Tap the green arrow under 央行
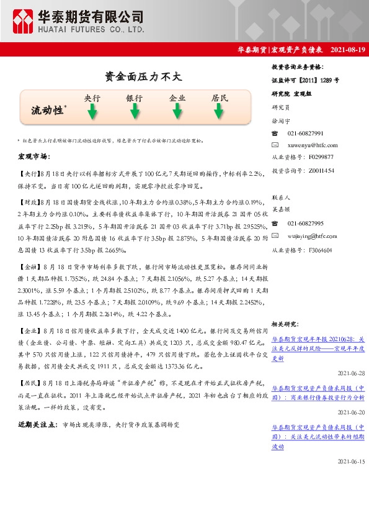pyautogui.click(x=92, y=111)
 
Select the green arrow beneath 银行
pyautogui.click(x=135, y=111)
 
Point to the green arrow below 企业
pyautogui.click(x=177, y=111)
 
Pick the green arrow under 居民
pyautogui.click(x=220, y=111)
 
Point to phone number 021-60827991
pyautogui.click(x=305, y=134)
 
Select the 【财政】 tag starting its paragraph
pyautogui.click(x=29, y=202)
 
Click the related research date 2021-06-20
pyautogui.click(x=352, y=412)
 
